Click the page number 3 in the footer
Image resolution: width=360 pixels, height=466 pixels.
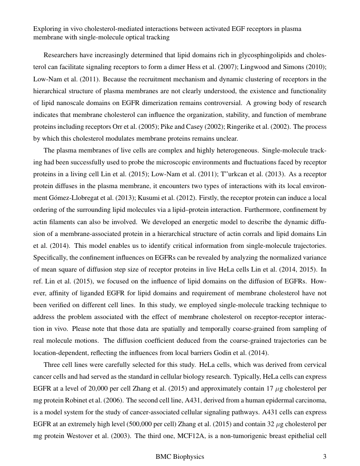(324, 457)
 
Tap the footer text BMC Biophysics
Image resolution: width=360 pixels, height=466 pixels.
(180, 457)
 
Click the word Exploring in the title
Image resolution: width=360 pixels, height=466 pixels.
(47, 29)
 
